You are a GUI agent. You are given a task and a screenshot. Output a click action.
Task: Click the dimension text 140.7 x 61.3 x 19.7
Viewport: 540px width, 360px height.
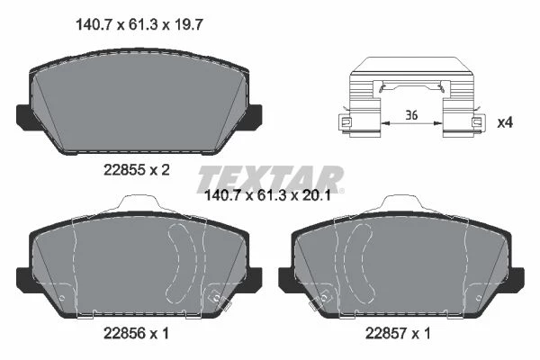139,25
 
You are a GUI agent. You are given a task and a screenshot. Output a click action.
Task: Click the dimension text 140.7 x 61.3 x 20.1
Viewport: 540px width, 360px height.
267,195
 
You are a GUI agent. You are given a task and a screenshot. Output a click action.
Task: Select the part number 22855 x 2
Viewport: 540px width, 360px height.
137,170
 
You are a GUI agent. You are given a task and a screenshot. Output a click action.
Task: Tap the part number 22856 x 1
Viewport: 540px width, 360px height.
137,333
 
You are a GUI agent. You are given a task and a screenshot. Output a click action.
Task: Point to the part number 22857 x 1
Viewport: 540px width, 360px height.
398,333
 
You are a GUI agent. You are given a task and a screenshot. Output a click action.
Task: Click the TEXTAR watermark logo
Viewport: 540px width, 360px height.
270,179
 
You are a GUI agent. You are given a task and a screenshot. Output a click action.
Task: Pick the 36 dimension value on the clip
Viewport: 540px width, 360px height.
411,115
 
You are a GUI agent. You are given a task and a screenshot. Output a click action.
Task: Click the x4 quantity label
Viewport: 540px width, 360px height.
505,122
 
